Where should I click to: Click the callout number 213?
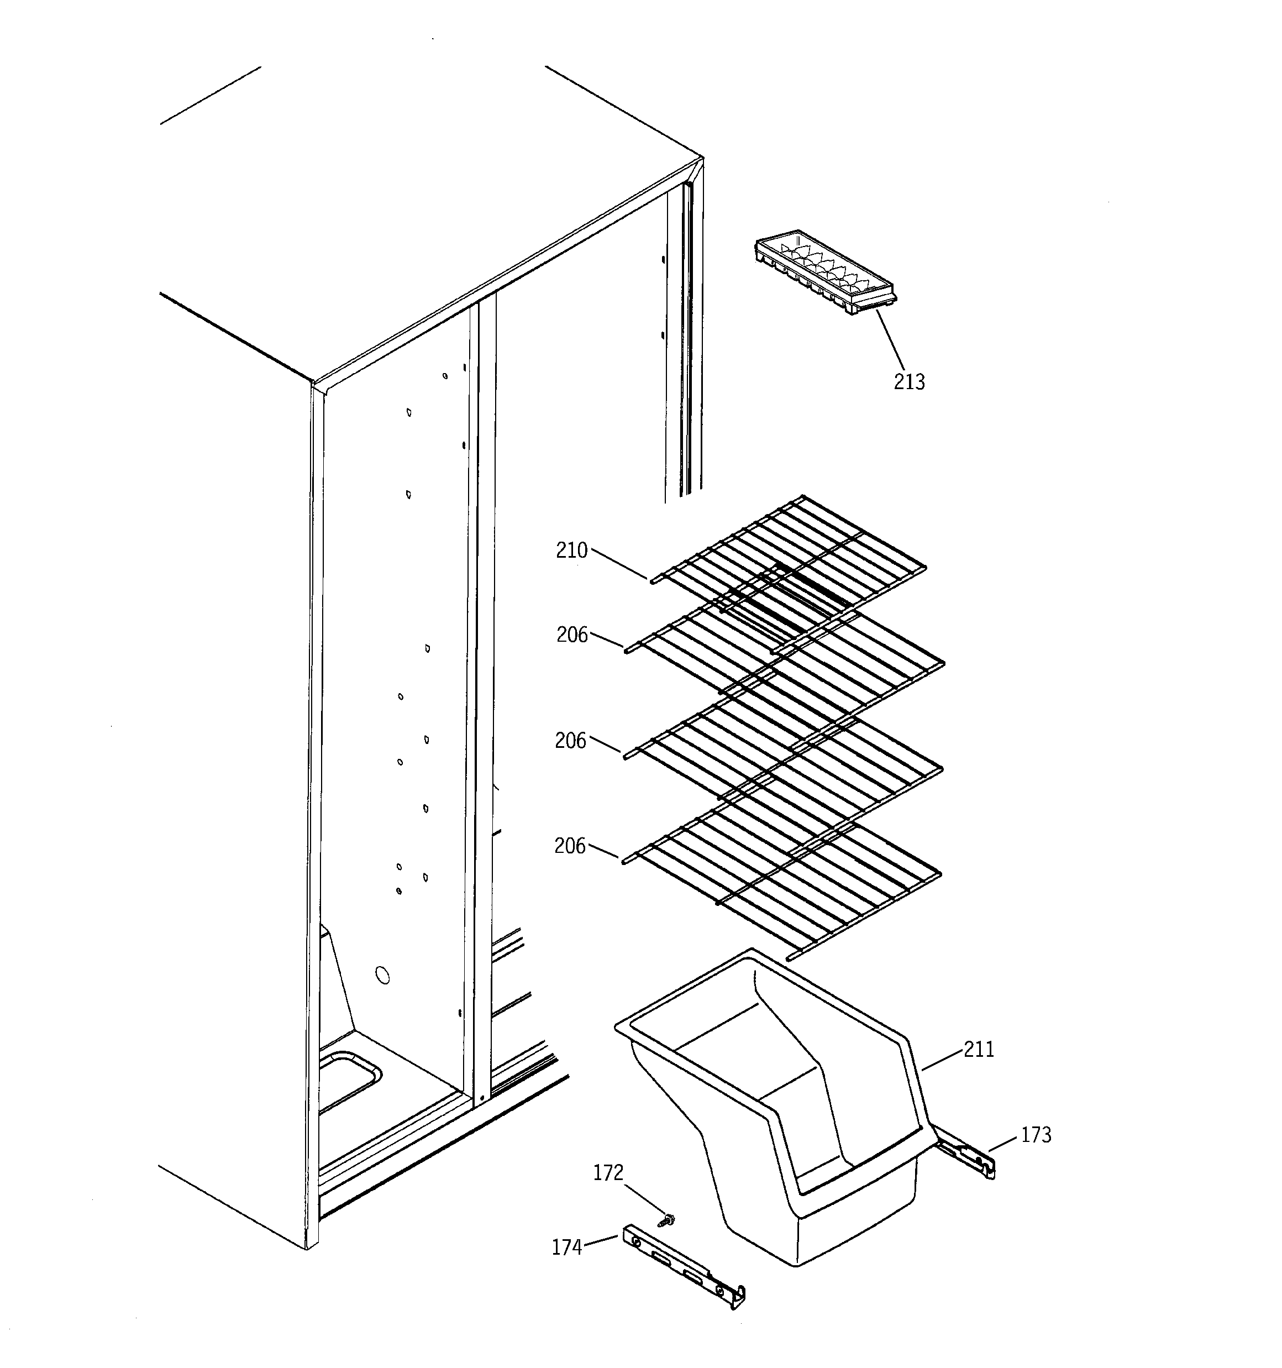click(x=909, y=381)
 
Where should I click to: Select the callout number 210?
click(x=572, y=551)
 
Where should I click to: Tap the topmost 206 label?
click(x=572, y=635)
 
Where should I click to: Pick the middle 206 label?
click(x=570, y=741)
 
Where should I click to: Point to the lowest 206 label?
click(x=570, y=846)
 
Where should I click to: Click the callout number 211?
click(x=979, y=1050)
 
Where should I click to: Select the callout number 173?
click(x=1036, y=1135)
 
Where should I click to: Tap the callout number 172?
click(x=608, y=1172)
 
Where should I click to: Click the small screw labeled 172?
click(x=665, y=1219)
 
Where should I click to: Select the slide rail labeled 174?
click(x=685, y=1267)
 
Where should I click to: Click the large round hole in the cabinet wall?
click(x=382, y=975)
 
